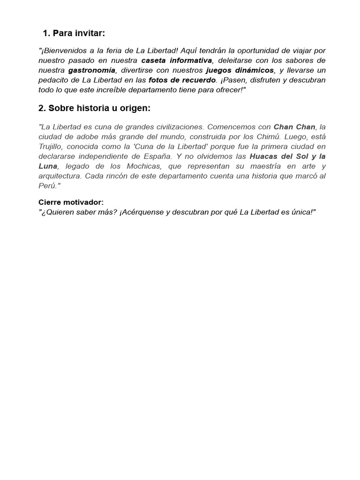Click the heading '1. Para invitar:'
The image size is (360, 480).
tap(74, 33)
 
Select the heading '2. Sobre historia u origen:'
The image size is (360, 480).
tap(94, 108)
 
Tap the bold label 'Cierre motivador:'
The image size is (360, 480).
tap(71, 202)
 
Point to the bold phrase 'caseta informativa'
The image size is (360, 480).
tap(176, 60)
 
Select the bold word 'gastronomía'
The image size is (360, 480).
tap(91, 70)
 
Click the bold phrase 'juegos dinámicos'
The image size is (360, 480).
tap(240, 70)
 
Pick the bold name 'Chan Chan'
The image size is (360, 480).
tap(294, 127)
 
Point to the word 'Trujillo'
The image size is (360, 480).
tap(52, 147)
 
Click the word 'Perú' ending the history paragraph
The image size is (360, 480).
tap(47, 186)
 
